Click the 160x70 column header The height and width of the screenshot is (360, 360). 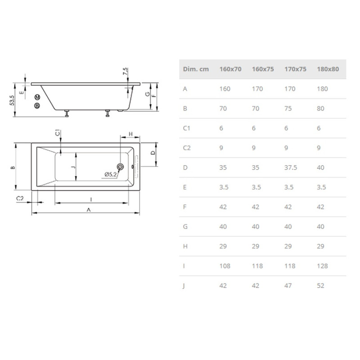click(230, 69)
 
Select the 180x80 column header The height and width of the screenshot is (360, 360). click(328, 69)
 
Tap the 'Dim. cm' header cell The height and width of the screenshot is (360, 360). click(196, 69)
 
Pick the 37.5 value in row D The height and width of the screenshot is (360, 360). click(291, 167)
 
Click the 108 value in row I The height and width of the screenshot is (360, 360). click(225, 266)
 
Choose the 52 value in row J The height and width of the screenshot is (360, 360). click(320, 286)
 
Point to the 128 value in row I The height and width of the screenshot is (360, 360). click(322, 266)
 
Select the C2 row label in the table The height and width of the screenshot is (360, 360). click(187, 148)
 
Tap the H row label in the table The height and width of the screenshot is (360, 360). click(185, 246)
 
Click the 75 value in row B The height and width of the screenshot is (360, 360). click(288, 108)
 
